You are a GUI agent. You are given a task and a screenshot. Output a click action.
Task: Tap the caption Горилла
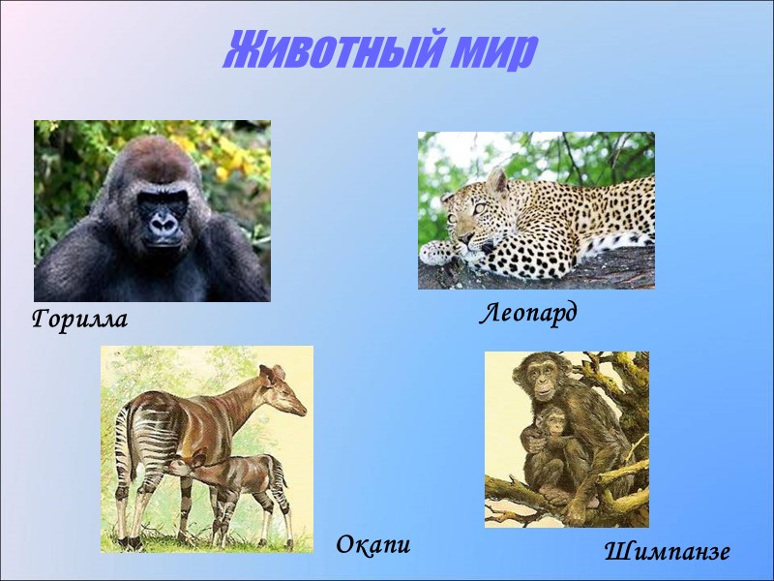[x=79, y=319]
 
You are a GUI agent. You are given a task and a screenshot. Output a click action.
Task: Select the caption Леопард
[x=528, y=313]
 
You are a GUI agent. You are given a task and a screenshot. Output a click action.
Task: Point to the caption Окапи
[x=373, y=545]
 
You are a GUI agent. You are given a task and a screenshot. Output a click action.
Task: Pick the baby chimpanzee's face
[x=554, y=422]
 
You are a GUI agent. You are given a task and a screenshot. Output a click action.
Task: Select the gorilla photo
[x=152, y=211]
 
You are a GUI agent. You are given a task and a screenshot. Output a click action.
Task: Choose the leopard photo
[x=536, y=210]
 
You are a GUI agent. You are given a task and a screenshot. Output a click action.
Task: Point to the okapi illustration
[x=206, y=448]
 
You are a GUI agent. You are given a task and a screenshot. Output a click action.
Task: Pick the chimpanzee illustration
[x=566, y=439]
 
